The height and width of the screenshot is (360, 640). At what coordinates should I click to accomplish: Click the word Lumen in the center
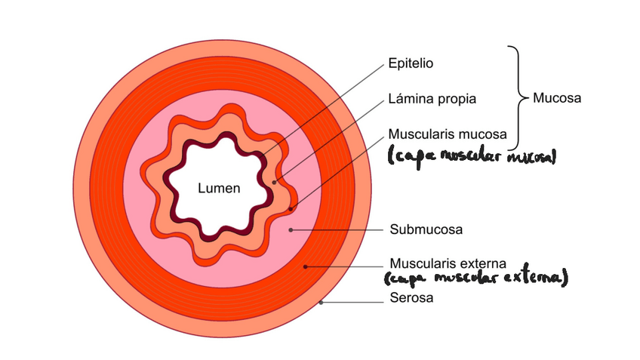219,189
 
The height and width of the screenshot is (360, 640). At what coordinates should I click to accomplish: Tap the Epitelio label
411,64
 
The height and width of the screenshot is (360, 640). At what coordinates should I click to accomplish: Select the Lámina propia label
432,99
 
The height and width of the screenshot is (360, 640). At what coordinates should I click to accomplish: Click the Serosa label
411,298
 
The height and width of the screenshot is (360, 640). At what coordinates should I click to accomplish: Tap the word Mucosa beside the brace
557,98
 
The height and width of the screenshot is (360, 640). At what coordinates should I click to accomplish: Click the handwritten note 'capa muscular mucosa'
472,157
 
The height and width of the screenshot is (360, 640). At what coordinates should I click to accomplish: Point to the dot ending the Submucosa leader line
291,229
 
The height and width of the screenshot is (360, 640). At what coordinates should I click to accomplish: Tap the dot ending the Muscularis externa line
305,266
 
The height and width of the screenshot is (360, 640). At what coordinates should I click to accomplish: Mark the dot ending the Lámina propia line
276,181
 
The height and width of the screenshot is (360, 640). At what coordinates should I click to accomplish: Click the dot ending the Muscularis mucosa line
291,208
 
